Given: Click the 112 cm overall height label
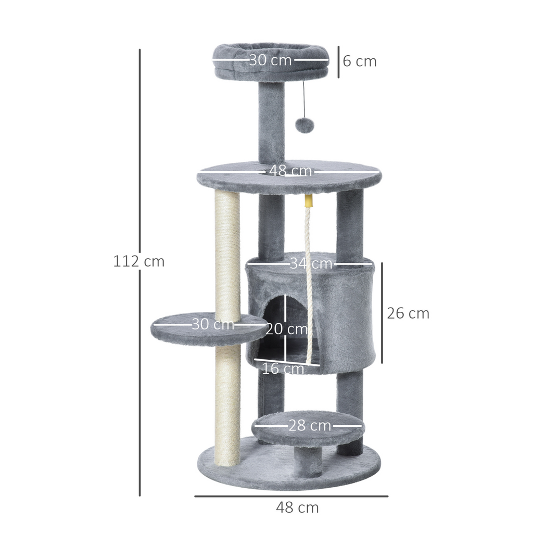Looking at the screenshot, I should (138, 261).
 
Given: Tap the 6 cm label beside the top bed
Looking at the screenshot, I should (359, 61).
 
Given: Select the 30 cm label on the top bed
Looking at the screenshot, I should (270, 60).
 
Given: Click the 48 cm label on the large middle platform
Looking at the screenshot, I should (290, 171).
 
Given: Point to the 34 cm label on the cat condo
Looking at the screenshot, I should (311, 263).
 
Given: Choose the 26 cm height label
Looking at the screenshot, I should (408, 313).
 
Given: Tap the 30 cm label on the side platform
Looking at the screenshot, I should (212, 324).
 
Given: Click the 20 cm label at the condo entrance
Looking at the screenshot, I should (286, 329).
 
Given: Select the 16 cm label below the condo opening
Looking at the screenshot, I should (282, 369).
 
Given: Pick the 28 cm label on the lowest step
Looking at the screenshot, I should (310, 426).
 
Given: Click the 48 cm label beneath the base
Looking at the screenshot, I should (297, 507).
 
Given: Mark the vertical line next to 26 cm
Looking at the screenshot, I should (382, 313).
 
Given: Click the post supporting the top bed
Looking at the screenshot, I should (272, 122).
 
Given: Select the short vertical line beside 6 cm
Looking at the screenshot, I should (338, 61).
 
